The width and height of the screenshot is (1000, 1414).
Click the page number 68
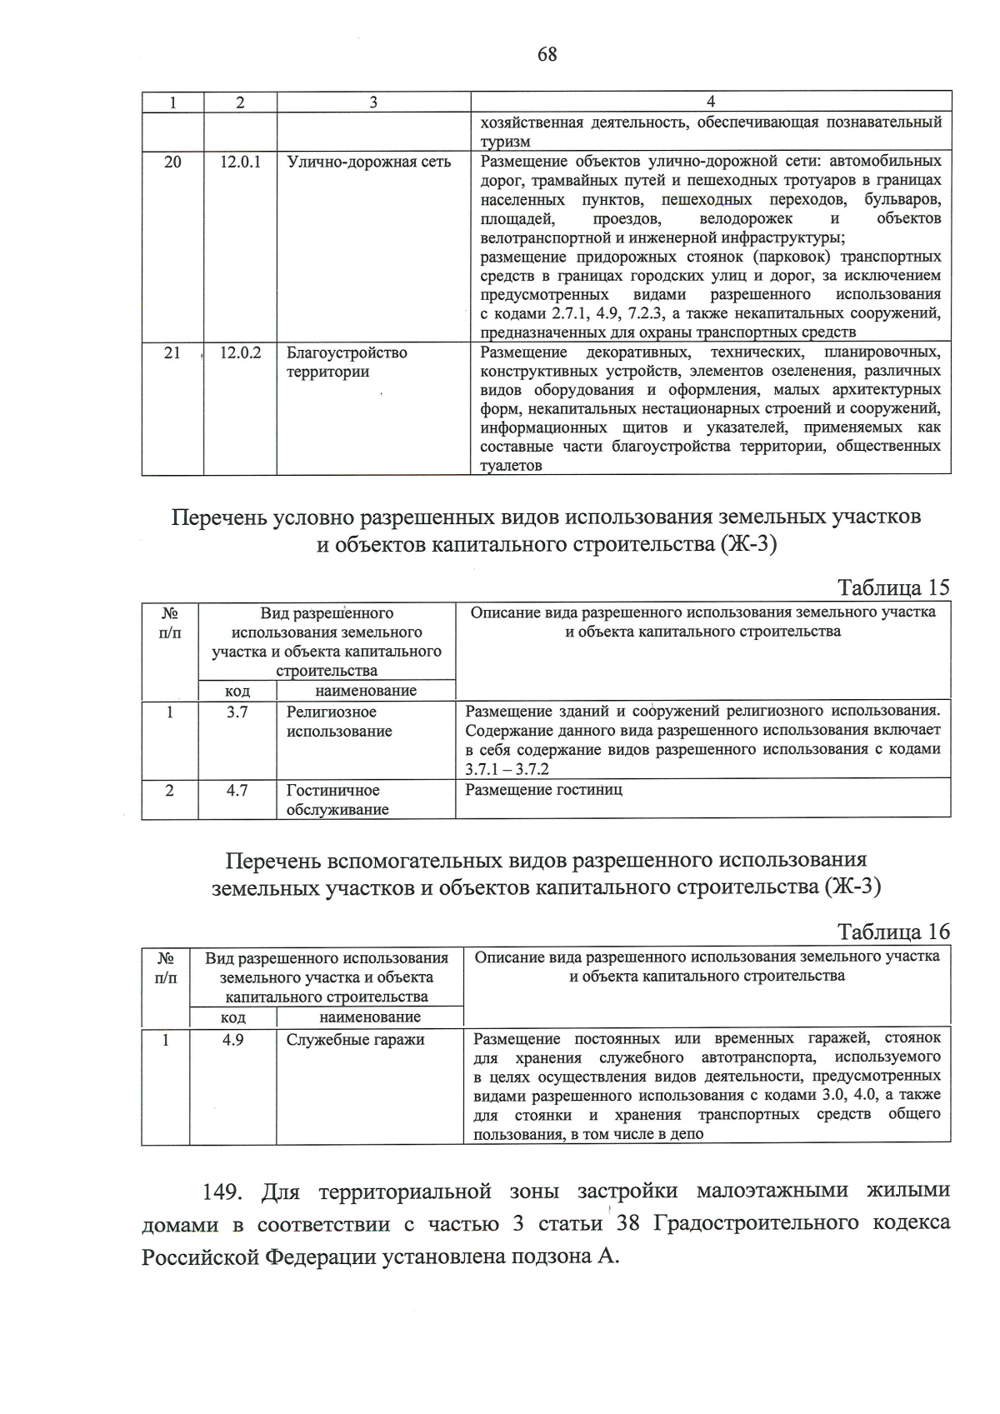(x=547, y=55)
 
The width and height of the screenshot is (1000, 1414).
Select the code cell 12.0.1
(x=240, y=162)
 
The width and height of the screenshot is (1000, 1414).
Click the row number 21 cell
(x=172, y=353)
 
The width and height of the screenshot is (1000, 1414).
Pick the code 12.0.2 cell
(x=240, y=353)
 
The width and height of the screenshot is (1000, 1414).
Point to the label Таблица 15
(x=893, y=587)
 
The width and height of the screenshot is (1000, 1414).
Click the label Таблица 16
(x=893, y=932)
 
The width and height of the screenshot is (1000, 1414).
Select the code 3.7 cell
(x=237, y=712)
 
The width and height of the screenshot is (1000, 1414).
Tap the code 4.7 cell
(x=237, y=790)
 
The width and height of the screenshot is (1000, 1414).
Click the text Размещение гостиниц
(x=543, y=790)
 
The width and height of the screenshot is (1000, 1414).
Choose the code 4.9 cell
(x=233, y=1040)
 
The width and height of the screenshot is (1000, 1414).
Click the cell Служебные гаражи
(x=356, y=1040)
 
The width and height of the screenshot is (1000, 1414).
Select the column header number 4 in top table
(x=710, y=102)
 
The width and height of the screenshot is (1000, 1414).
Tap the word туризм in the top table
(x=505, y=142)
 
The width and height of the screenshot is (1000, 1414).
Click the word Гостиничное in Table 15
(x=332, y=790)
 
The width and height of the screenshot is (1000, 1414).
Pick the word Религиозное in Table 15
(x=331, y=712)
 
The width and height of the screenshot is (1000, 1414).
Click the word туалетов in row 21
(x=511, y=467)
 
